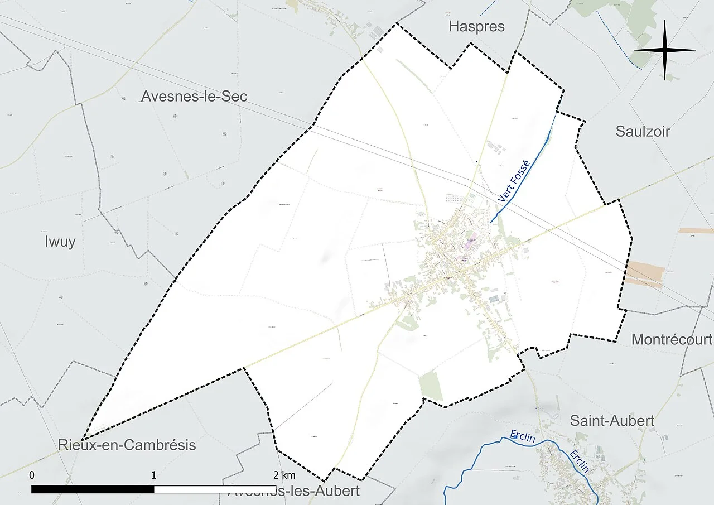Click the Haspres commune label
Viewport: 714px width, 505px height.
[x=476, y=26]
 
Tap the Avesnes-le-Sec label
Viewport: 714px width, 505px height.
[x=194, y=96]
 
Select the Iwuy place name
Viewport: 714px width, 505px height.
[x=60, y=242]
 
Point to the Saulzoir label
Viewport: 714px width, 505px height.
[x=643, y=131]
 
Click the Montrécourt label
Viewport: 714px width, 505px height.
[x=672, y=339]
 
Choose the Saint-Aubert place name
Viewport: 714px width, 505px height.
[x=612, y=420]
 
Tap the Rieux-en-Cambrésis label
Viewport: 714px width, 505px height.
[x=127, y=445]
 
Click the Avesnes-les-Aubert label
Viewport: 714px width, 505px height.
[x=294, y=492]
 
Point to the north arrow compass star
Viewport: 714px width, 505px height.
[x=665, y=50]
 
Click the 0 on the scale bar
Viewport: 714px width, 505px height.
[x=32, y=475]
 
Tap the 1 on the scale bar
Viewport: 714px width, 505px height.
[x=154, y=475]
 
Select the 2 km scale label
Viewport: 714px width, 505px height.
[x=284, y=475]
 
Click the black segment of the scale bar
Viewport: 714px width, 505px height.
[x=93, y=489]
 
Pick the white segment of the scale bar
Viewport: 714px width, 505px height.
[x=215, y=489]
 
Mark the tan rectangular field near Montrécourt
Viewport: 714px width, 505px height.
[x=645, y=273]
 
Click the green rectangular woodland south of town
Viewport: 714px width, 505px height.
[x=431, y=386]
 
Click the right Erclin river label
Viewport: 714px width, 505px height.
[x=580, y=461]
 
